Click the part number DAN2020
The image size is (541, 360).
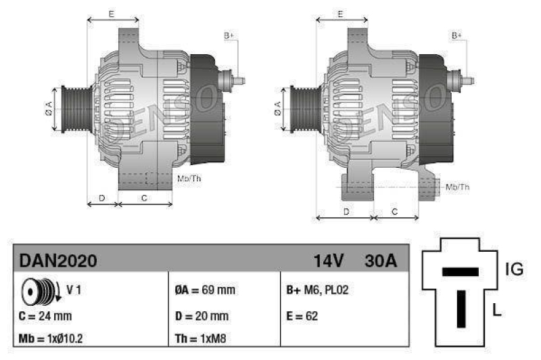pos(58,260)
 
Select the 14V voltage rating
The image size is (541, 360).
pos(329,260)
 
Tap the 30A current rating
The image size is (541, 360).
pos(381,260)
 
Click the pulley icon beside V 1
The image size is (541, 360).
pos(38,291)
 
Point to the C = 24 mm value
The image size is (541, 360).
pos(45,315)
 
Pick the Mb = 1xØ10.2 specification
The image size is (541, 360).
pos(51,338)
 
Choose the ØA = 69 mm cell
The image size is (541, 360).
pos(204,290)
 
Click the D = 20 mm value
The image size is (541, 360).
pos(202,315)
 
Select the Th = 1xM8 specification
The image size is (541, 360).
pos(201,338)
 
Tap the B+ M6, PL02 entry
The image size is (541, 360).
pos(317,290)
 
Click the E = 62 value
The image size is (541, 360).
pos(302,315)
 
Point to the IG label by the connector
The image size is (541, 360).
pos(514,270)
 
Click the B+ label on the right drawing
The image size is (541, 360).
pos(457,35)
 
